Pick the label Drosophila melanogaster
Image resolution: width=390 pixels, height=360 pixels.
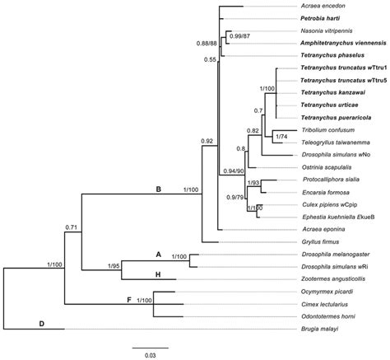point(337,258)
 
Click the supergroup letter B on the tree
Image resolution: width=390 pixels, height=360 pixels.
point(158,190)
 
